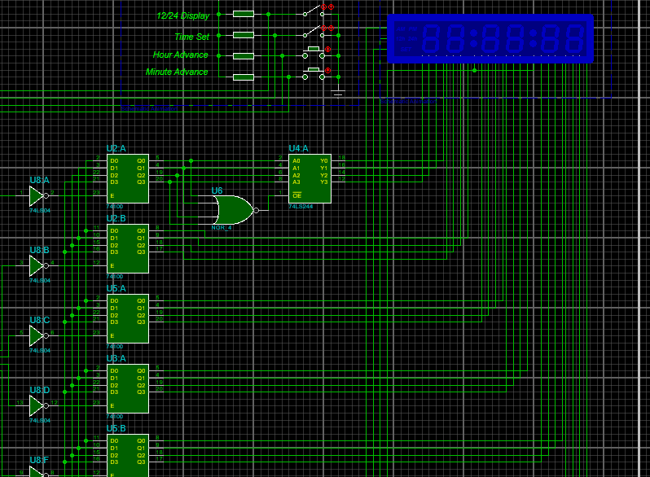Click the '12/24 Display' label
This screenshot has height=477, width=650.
click(x=182, y=15)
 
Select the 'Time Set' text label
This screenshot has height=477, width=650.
click(x=191, y=37)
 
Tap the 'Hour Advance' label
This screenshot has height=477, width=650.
click(x=180, y=55)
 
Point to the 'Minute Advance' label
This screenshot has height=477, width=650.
click(x=177, y=72)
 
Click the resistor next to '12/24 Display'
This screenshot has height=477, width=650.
click(x=243, y=14)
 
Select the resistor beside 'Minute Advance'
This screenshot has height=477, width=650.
click(x=243, y=77)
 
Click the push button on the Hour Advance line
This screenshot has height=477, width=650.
click(x=314, y=51)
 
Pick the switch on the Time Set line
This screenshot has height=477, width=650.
click(x=311, y=32)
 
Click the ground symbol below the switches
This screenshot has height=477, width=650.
click(x=339, y=93)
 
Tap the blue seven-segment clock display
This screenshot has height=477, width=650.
click(x=490, y=37)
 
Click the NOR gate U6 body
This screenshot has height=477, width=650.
click(x=232, y=210)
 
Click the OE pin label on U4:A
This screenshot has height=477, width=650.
click(x=296, y=195)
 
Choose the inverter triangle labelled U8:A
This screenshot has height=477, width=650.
click(x=37, y=195)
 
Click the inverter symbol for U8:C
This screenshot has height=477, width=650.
click(x=37, y=335)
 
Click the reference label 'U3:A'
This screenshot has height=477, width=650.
click(x=116, y=358)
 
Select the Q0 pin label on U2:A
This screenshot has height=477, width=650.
click(x=141, y=160)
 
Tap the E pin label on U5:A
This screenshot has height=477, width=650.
click(x=112, y=335)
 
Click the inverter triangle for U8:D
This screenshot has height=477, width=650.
click(x=37, y=405)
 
